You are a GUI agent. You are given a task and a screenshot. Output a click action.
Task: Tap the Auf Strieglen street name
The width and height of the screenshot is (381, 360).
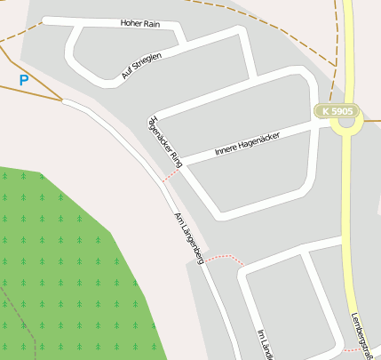[141, 67]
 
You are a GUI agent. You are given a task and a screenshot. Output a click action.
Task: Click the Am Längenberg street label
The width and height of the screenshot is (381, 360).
[189, 238]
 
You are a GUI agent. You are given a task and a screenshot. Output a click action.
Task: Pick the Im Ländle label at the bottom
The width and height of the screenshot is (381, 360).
[264, 345]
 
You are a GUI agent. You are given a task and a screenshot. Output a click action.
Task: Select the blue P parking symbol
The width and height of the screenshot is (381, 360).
[24, 80]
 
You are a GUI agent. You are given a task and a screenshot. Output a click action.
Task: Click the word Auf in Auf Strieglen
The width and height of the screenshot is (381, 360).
[126, 76]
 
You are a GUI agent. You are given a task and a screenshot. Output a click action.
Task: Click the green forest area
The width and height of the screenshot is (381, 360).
[62, 267]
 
